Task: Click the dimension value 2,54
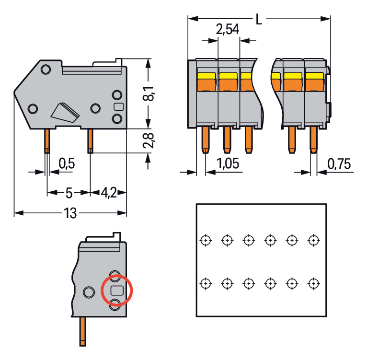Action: tap(228, 30)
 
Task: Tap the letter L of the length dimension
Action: tap(259, 20)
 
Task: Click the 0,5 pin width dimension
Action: tap(67, 164)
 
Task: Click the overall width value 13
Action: tap(70, 213)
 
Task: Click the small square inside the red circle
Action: tap(116, 290)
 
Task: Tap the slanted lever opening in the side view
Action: tap(65, 112)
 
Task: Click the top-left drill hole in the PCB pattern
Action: tap(205, 240)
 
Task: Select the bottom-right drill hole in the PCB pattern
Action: tap(313, 283)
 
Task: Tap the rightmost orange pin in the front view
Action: tap(313, 139)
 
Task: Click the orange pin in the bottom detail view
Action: tap(83, 331)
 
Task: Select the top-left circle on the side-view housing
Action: tap(46, 70)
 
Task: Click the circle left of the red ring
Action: tap(89, 291)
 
